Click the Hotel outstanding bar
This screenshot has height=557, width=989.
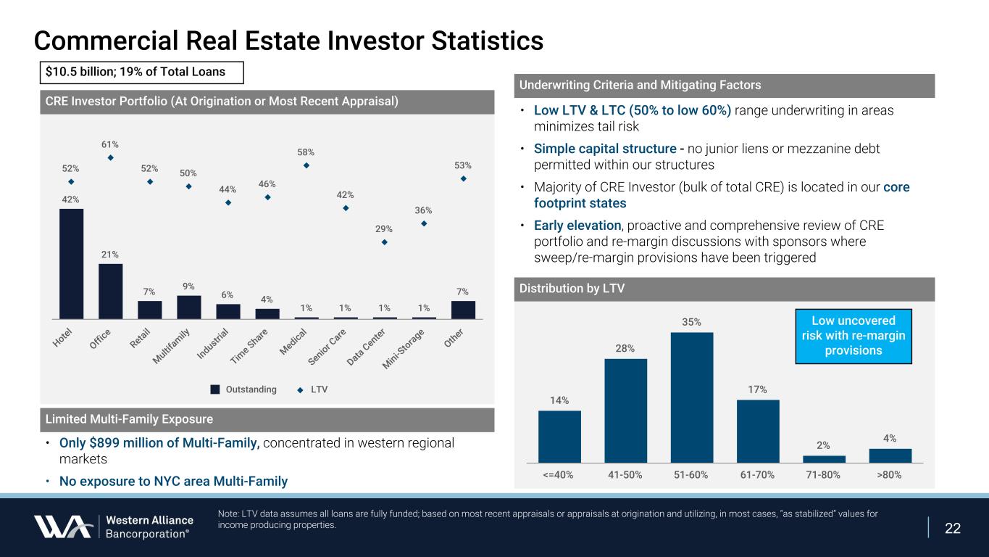coord(71,263)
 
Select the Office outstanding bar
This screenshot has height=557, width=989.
coord(110,291)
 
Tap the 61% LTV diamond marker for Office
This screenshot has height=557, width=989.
coord(110,157)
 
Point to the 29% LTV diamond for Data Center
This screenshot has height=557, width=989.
coord(385,242)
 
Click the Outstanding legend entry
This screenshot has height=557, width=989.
coord(243,389)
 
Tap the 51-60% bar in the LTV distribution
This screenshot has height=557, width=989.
coord(692,397)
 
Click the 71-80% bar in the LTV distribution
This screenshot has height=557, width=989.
coord(824,458)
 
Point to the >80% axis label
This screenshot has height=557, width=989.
coord(890,474)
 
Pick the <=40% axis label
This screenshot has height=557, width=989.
coord(559,474)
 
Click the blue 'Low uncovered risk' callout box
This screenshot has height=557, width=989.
coord(853,336)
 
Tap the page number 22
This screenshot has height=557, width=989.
coord(953,528)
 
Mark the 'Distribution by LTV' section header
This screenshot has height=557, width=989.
coord(572,289)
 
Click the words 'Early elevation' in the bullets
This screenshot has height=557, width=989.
coord(577,226)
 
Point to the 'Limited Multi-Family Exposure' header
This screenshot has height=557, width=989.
coord(129,419)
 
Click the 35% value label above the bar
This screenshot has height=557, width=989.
coord(691,321)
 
